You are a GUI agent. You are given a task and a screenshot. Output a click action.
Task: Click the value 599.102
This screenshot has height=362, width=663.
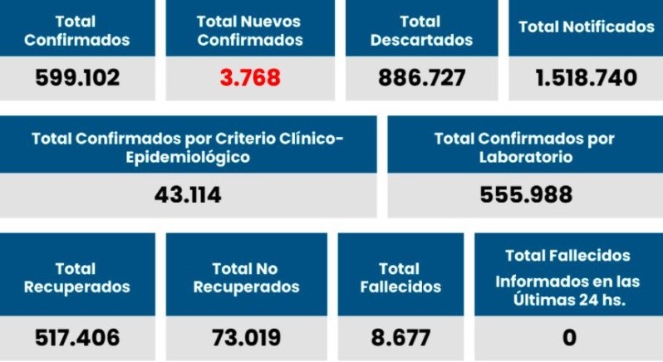tap(77, 78)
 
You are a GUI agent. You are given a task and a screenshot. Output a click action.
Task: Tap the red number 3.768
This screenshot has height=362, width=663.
tap(250, 78)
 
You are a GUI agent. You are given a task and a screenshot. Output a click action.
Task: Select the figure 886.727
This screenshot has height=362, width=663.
tap(421, 78)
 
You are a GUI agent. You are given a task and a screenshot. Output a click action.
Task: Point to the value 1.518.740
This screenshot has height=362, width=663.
tap(587, 78)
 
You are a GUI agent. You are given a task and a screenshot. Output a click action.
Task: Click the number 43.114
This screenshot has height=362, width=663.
tap(188, 195)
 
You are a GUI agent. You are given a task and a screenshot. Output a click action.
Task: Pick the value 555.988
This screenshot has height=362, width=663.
tap(526, 195)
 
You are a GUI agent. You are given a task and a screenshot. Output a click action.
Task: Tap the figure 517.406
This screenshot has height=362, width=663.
tap(77, 338)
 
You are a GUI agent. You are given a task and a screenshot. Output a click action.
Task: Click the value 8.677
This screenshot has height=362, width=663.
tap(400, 338)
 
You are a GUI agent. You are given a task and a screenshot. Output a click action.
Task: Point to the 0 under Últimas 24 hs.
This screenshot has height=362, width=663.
tap(569, 338)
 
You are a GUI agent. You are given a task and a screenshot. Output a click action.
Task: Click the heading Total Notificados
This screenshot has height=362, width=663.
tap(587, 27)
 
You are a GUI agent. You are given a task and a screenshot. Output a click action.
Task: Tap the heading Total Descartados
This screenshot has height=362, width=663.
tap(421, 30)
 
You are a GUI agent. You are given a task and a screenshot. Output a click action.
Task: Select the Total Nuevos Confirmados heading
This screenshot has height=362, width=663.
tap(250, 30)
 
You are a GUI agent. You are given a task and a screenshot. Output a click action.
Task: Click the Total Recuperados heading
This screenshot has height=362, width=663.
tap(77, 278)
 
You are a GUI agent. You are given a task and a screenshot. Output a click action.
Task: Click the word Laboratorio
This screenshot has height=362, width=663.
tap(525, 156)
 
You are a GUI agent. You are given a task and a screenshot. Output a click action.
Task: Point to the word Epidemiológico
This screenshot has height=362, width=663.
tap(187, 156)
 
